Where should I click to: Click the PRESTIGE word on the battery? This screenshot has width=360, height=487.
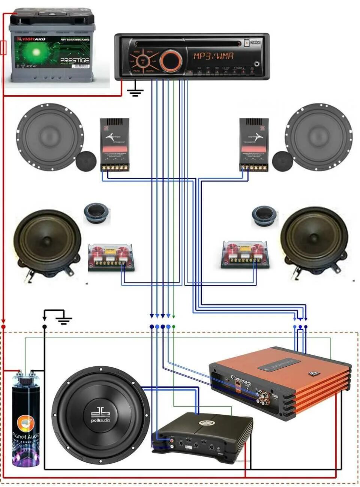point(75,60)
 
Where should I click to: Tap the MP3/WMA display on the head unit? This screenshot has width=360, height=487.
point(213,56)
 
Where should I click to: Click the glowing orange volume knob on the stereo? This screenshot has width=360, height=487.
point(171,60)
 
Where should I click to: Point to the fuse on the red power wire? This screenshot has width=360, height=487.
point(4,48)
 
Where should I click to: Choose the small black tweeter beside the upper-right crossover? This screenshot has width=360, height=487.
point(282,161)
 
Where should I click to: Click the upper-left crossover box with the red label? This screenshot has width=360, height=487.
point(115,144)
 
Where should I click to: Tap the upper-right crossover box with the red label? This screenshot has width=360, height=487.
point(253,144)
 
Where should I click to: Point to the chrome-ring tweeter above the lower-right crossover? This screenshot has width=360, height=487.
point(264,216)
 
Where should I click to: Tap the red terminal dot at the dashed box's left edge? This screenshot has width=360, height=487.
point(3,322)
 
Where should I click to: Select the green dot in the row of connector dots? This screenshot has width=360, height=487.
point(174,327)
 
